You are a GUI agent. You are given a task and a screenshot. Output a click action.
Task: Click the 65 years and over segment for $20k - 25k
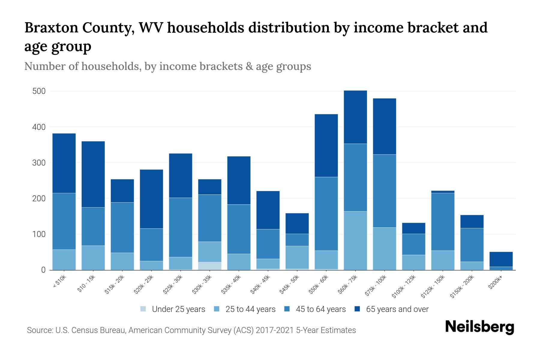151,199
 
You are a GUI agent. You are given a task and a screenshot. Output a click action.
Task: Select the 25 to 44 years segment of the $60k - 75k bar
355,241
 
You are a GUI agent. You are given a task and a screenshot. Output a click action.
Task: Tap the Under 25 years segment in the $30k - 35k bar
210,266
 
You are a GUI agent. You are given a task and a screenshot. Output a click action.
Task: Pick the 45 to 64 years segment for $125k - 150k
443,222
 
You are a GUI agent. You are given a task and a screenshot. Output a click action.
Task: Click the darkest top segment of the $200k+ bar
501,259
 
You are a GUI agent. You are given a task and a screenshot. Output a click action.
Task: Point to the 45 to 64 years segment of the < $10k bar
64,221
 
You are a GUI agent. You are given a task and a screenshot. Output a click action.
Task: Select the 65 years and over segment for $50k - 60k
326,145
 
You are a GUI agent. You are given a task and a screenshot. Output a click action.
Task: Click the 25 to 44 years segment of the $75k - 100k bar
384,249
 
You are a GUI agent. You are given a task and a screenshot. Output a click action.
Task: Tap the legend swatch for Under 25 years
143,309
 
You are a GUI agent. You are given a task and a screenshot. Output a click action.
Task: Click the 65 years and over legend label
397,309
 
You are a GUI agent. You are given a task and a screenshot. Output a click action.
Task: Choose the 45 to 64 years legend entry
321,309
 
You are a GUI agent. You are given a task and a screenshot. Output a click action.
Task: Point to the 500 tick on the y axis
39,91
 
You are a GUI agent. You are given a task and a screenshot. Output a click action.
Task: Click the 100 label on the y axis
39,234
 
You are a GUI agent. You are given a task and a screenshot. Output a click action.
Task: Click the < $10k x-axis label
59,282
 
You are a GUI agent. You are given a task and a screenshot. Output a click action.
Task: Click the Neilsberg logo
479,327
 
